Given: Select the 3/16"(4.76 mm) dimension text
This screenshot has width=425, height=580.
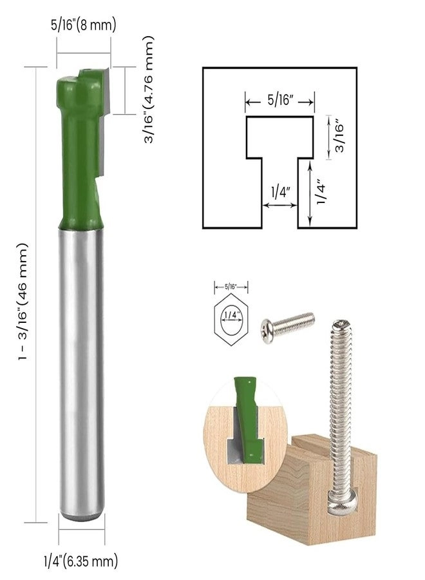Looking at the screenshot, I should [x=149, y=90].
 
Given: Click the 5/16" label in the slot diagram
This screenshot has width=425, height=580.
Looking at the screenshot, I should [x=279, y=101].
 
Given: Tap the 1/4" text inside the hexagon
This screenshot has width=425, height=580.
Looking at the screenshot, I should [x=230, y=315].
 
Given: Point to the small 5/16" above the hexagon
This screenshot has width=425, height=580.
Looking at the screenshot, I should [x=230, y=285].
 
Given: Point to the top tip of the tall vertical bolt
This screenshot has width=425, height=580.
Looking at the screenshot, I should [x=341, y=325].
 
